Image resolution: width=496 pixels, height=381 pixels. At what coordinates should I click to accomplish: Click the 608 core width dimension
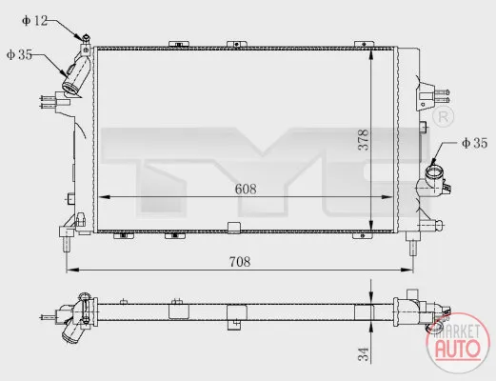pyautogui.click(x=246, y=190)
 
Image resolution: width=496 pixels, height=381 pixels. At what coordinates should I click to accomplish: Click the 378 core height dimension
pyautogui.click(x=364, y=140)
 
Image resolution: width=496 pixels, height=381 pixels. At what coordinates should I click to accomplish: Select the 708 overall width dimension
pyautogui.click(x=240, y=262)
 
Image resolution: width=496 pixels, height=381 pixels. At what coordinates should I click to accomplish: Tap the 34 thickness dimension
pyautogui.click(x=364, y=354)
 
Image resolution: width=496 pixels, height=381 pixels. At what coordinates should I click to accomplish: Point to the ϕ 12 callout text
pyautogui.click(x=34, y=21)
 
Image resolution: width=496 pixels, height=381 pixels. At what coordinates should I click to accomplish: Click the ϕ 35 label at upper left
pyautogui.click(x=19, y=54)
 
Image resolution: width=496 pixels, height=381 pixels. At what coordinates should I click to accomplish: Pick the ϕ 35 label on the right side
pyautogui.click(x=474, y=143)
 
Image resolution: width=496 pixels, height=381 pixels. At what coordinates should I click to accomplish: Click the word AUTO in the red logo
pyautogui.click(x=458, y=349)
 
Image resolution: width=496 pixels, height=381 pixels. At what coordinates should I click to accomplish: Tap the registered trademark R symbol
pyautogui.click(x=444, y=117)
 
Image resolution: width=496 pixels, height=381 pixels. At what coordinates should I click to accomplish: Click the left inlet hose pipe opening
pyautogui.click(x=71, y=89)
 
